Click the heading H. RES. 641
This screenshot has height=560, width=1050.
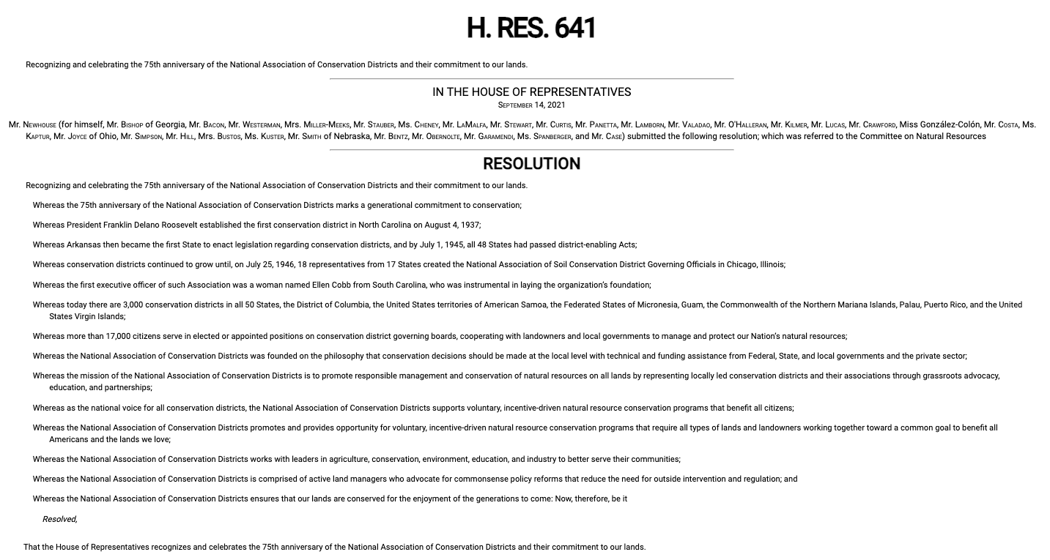[531, 29]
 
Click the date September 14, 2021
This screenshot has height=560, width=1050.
[531, 105]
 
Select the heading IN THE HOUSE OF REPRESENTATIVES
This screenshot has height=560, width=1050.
[531, 92]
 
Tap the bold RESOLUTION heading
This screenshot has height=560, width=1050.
[531, 164]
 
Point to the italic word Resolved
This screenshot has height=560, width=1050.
[59, 519]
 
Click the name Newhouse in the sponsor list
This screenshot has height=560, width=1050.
[40, 125]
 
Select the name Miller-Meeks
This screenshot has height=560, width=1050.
[326, 125]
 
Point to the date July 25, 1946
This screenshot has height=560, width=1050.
[269, 264]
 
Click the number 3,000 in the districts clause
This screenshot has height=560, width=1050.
[133, 305]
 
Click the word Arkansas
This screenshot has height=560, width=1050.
[84, 244]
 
